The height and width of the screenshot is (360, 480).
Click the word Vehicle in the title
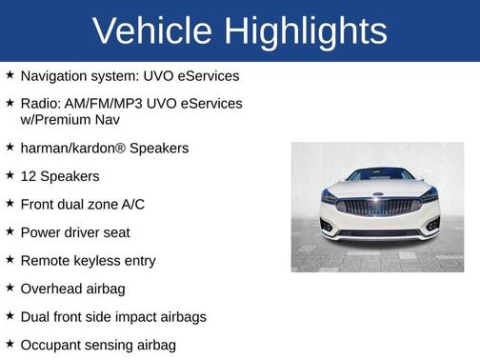151,31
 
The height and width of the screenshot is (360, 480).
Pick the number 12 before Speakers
29,176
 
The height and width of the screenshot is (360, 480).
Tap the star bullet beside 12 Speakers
10,176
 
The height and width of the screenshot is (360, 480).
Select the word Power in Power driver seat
41,232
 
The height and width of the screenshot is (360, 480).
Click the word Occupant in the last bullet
51,344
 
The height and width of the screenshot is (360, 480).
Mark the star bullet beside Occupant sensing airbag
10,344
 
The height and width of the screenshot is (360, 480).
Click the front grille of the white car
377,208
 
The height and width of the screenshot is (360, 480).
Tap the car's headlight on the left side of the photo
329,197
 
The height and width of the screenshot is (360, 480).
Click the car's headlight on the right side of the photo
429,196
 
